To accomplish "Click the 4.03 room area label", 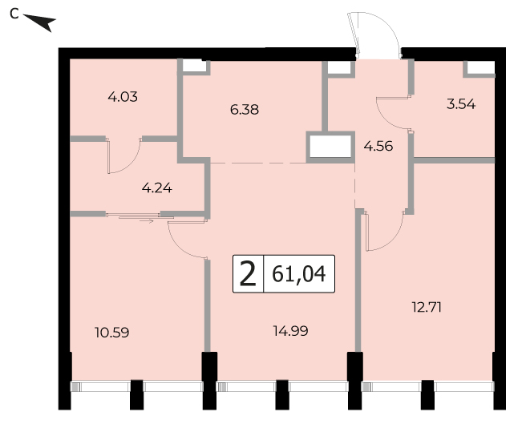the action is coord(123,97).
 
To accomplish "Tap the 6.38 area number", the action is coord(245,110).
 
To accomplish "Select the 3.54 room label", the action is coord(461,104).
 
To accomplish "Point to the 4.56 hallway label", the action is coord(378,146).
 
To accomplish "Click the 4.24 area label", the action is coord(157,188).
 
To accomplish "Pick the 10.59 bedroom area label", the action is coord(112,333).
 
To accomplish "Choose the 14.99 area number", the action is coord(291,331).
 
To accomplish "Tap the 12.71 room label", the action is coord(427,307).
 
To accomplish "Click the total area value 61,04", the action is coord(299,274).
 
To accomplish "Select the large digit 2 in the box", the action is coord(249,274).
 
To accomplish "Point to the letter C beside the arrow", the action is coord(14,14).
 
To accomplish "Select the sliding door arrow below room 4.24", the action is coord(146,220).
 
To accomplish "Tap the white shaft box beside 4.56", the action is coord(330,147).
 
